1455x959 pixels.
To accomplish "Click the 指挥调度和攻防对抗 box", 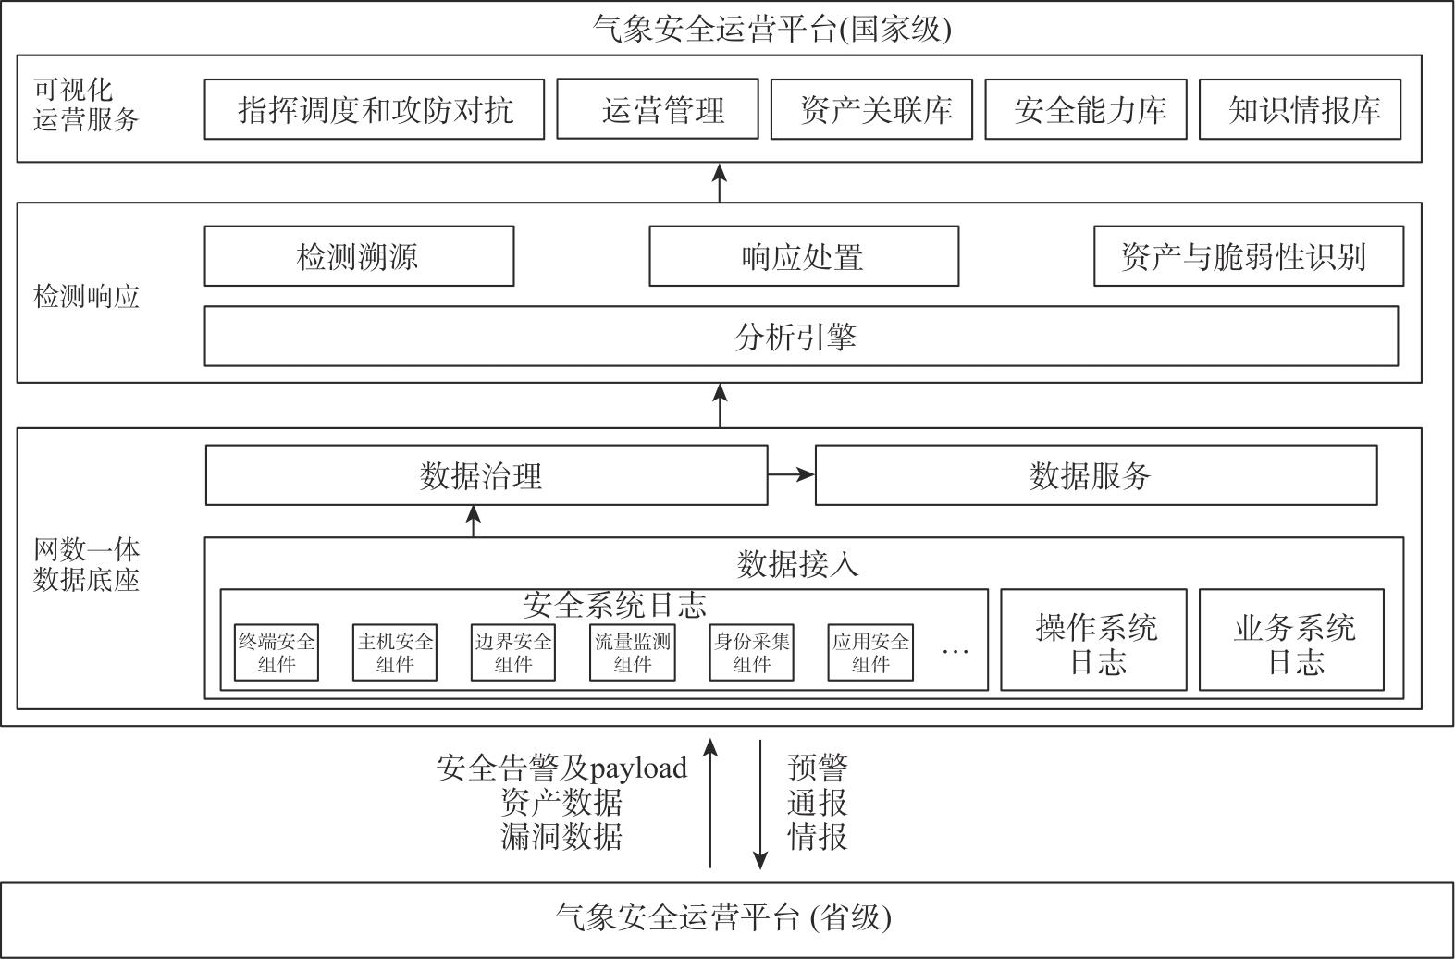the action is point(374,109).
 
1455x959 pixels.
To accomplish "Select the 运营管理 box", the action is point(658,109).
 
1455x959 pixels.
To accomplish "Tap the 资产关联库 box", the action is point(871,109).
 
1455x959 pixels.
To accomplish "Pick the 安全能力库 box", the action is point(1086,109).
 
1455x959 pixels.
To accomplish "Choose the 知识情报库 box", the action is point(1300,109).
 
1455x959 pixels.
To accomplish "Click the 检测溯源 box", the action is point(359,256).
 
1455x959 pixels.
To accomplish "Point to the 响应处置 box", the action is point(804,256).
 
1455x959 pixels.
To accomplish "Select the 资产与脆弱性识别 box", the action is point(1249,256).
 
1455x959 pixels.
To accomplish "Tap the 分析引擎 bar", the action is point(801,337).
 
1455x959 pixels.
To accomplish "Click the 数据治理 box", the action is point(487,474).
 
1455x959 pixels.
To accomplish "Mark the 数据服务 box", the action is point(1096,474).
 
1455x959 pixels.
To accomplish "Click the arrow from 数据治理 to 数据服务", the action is point(791,474).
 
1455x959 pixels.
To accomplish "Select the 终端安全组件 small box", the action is point(276,653).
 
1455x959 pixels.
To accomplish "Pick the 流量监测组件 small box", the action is point(632,653).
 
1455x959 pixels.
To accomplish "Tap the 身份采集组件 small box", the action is point(751,653).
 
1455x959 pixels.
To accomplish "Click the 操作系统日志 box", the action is point(1094,640).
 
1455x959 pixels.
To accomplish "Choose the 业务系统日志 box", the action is point(1291,640).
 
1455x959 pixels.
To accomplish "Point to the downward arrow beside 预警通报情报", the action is point(760,805).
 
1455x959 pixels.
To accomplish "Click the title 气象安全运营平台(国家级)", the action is point(771,30).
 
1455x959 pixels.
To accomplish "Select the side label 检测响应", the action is point(86,297).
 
